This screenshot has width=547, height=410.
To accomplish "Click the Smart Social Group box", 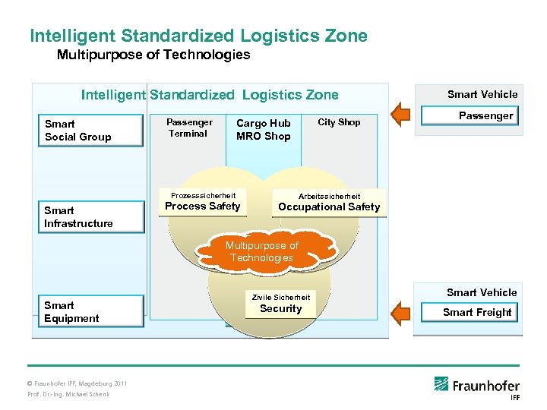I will coord(90,131).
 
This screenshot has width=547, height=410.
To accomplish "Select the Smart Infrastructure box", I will coord(90,217).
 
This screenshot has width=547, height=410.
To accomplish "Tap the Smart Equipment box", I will coord(90,312).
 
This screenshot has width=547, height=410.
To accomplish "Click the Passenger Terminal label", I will coord(189,128).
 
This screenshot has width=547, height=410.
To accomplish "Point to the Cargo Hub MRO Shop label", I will coord(263,130).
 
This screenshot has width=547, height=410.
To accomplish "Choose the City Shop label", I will coord(339,122).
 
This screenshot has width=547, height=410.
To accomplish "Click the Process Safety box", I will coord(203,207).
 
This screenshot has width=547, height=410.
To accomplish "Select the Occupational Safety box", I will coord(329,207).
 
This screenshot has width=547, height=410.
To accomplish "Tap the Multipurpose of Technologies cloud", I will coord(261,252).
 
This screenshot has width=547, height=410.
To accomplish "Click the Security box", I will coord(280,309).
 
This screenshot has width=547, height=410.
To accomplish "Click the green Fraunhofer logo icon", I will coord(441,384).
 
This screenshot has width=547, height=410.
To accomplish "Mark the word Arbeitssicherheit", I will coord(329,196).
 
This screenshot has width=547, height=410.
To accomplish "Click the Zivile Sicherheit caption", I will coord(280,297).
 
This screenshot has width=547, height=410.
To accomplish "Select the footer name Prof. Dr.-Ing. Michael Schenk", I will coord(68,394).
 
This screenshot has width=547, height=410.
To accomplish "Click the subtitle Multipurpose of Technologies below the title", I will coord(153,55).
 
